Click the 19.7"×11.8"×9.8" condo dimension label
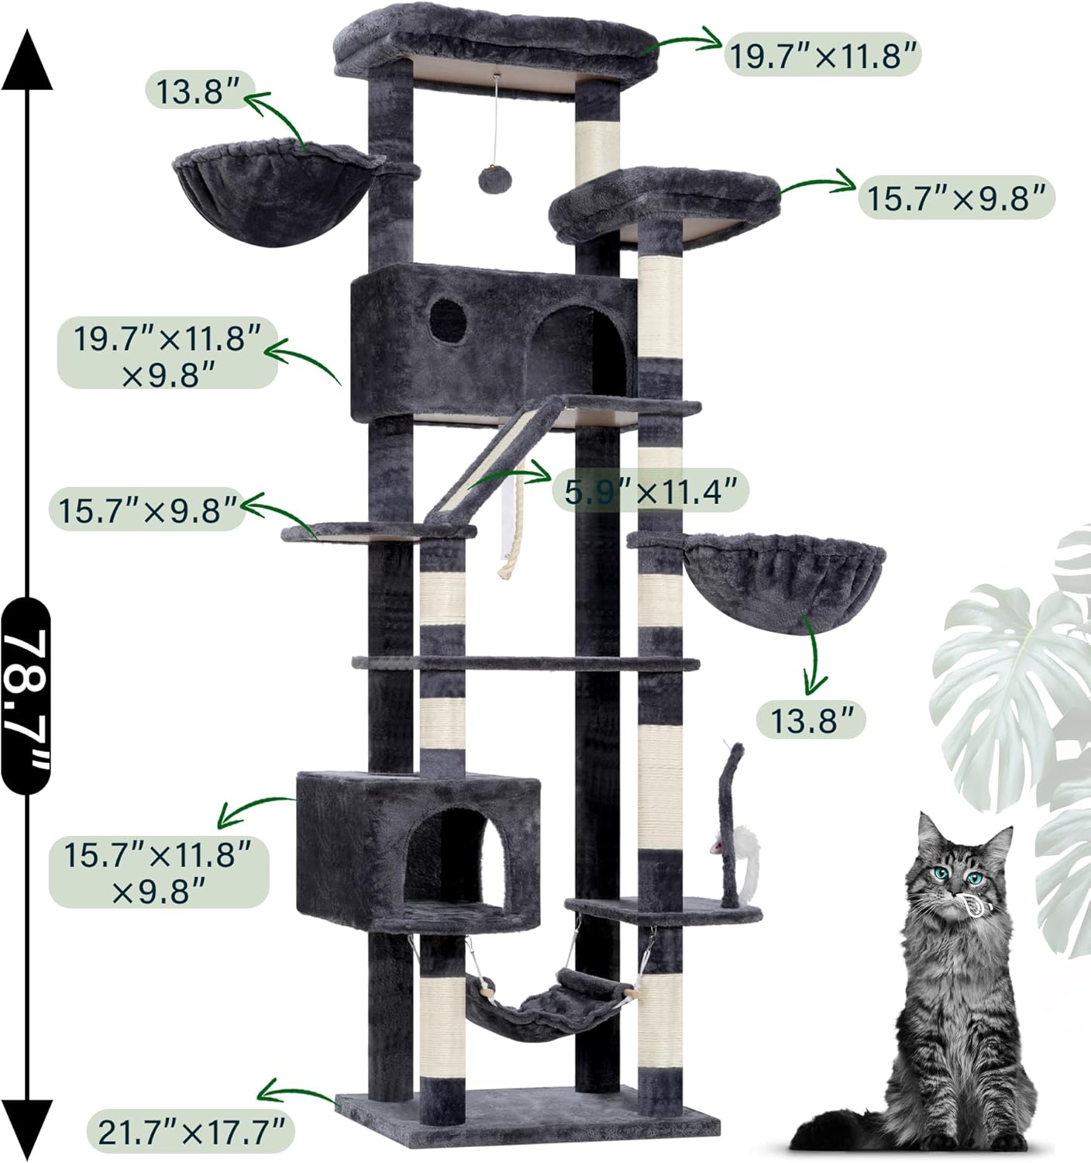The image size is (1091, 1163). pyautogui.click(x=167, y=353)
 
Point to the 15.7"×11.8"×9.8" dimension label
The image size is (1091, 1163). pyautogui.click(x=159, y=873)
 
